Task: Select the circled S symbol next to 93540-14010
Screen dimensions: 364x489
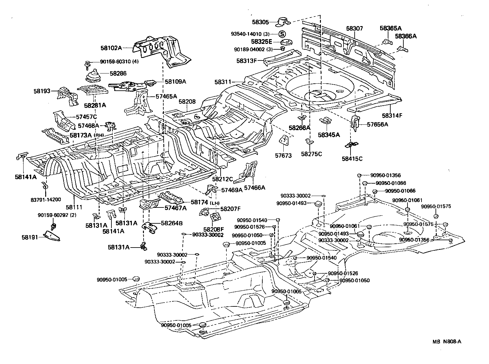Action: [282, 34]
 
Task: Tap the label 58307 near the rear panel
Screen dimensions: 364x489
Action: [354, 29]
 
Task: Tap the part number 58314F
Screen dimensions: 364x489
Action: [392, 115]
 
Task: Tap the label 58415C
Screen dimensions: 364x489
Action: [352, 158]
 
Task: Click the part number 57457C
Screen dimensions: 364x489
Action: [86, 117]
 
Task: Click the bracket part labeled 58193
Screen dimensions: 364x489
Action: [67, 94]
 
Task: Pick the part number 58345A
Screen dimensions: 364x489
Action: [329, 135]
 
